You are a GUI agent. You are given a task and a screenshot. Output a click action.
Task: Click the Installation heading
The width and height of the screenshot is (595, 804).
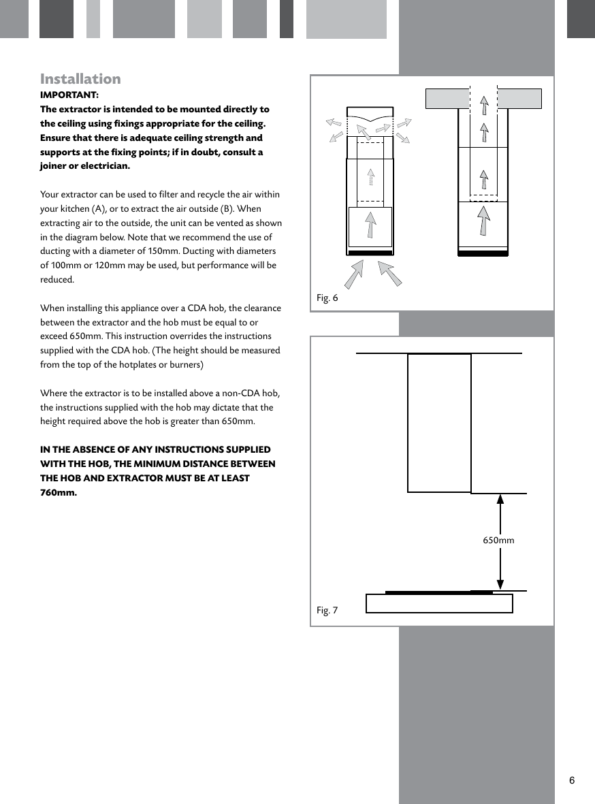(x=80, y=79)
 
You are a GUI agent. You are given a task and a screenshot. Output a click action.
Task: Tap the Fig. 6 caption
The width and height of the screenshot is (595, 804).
(x=327, y=298)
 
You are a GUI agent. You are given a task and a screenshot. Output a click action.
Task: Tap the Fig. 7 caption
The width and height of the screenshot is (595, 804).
(x=327, y=610)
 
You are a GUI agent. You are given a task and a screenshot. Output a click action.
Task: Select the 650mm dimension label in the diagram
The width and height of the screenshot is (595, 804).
(x=498, y=541)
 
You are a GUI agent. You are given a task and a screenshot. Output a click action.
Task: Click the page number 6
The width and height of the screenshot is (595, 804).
(x=572, y=780)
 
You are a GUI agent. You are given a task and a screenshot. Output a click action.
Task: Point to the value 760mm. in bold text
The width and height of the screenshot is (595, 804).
(x=59, y=493)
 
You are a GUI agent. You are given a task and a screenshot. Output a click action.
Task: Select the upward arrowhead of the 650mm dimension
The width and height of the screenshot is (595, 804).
(x=500, y=499)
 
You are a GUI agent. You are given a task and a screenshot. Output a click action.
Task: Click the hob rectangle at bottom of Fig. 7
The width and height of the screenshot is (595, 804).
(x=439, y=604)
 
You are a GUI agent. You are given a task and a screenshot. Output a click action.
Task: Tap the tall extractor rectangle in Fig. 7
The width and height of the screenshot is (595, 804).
(x=439, y=422)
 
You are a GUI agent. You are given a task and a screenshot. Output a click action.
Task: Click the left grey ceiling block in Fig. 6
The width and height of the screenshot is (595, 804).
(x=447, y=99)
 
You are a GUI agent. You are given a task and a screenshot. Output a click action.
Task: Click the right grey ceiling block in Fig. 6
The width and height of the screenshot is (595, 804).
(x=519, y=99)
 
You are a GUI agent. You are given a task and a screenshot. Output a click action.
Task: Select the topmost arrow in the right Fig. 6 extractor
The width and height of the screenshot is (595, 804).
(x=484, y=106)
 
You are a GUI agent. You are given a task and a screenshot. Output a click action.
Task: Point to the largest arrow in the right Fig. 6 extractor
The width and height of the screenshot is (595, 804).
(x=483, y=221)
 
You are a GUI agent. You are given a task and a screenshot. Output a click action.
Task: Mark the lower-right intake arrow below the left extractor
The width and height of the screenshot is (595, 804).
(x=389, y=273)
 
